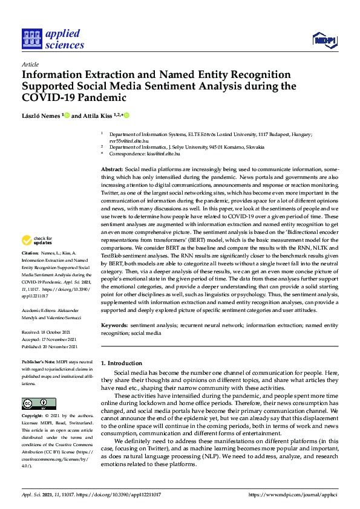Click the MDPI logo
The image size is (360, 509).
pyautogui.click(x=324, y=41)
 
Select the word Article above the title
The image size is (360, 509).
pyautogui.click(x=30, y=64)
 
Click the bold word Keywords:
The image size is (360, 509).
pyautogui.click(x=114, y=325)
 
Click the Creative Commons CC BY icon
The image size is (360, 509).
pyautogui.click(x=39, y=403)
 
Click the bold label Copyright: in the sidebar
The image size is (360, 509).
pyautogui.click(x=34, y=417)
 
